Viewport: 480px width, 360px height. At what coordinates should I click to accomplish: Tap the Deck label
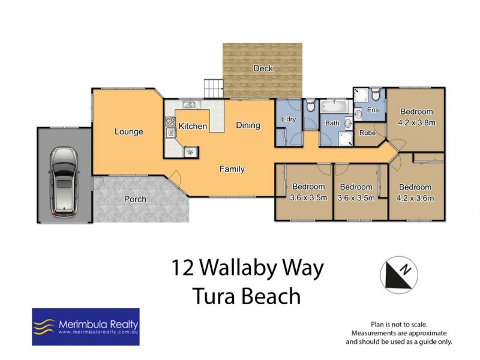[x=263, y=68]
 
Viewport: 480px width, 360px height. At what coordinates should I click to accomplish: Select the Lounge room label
[x=129, y=131]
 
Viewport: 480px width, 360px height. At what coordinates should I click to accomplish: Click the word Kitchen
[x=193, y=127]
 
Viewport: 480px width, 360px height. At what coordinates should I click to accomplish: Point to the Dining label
[x=248, y=125]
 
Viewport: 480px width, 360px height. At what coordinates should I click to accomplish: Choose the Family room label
[x=232, y=169]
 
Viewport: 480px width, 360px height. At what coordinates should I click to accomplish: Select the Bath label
[x=332, y=123]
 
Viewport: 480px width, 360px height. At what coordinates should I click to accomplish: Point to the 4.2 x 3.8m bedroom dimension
[x=416, y=122]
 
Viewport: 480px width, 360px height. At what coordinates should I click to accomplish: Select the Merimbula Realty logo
[x=85, y=327]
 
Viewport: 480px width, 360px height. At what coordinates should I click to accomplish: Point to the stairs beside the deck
[x=214, y=88]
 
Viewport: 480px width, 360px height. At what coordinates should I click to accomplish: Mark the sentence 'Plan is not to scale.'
[x=398, y=323]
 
